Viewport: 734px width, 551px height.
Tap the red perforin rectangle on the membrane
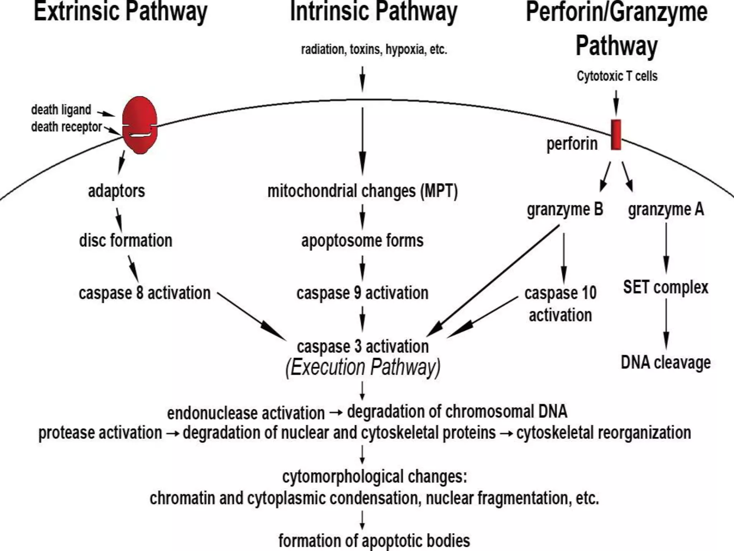(616, 135)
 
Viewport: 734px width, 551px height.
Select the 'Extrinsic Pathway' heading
(120, 12)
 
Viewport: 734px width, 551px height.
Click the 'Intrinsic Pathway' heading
(373, 12)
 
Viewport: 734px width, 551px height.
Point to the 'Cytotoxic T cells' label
(617, 76)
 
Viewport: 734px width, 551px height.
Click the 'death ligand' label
(61, 110)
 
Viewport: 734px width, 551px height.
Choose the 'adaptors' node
(116, 191)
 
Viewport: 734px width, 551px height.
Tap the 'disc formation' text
(125, 240)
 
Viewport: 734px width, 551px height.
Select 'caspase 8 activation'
(144, 293)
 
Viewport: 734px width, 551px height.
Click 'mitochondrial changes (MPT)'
(363, 191)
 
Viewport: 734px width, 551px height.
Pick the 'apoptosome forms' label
(362, 240)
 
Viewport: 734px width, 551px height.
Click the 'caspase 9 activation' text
(362, 293)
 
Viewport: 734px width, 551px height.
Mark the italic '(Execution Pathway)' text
(363, 367)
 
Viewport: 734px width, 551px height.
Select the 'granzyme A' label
(666, 209)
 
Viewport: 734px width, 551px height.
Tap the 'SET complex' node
(666, 287)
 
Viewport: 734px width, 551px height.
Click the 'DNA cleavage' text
(666, 362)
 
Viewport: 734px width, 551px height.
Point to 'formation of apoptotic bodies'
(374, 540)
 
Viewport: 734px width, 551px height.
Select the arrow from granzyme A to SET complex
(666, 248)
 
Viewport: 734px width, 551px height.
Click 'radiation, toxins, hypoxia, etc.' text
(374, 50)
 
